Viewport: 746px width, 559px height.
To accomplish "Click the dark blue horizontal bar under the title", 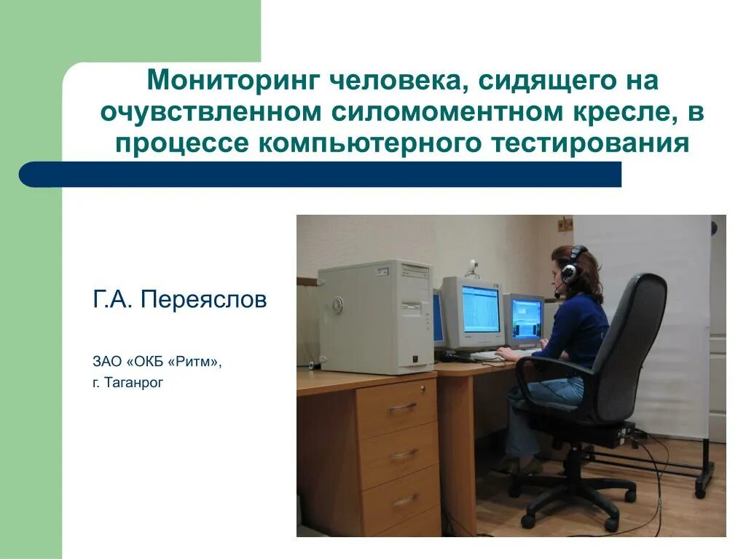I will [x=321, y=175].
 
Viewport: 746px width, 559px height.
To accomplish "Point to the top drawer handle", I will [x=402, y=408].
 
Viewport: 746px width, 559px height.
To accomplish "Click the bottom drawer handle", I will [x=405, y=500].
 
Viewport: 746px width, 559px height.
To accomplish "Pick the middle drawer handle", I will [x=404, y=454].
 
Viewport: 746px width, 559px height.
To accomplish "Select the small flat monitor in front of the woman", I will [x=525, y=319].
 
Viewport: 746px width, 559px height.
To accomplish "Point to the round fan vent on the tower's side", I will [x=337, y=304].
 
